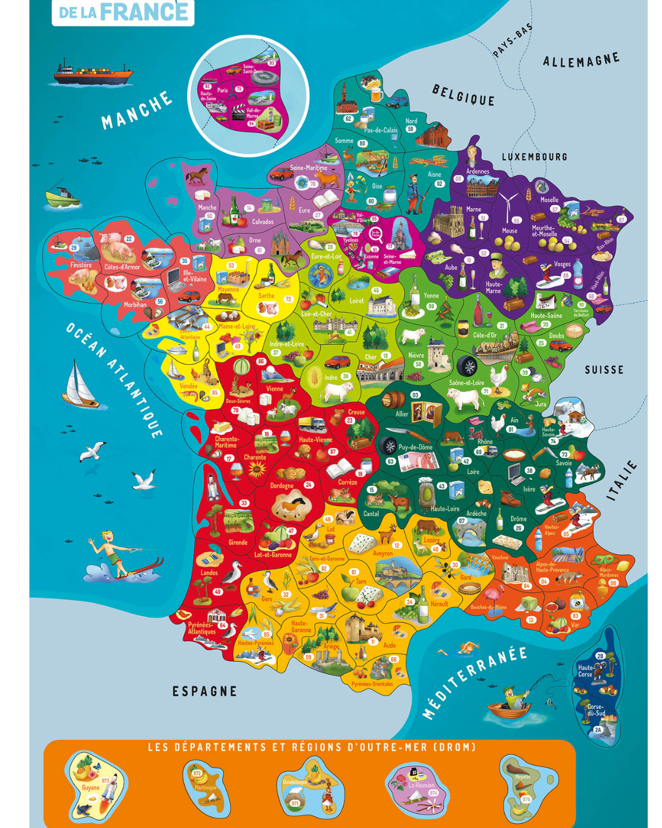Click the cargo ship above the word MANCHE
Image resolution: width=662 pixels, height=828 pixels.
[93, 73]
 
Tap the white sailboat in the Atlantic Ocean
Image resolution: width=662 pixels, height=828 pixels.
[80, 385]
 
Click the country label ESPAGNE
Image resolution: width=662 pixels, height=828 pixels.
[204, 691]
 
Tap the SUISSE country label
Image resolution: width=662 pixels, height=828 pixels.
[604, 370]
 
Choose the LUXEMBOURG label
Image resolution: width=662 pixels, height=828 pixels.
[535, 157]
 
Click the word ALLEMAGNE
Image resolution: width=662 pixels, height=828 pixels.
[580, 61]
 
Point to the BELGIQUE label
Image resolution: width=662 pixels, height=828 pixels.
[463, 96]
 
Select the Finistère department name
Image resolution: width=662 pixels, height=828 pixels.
[81, 265]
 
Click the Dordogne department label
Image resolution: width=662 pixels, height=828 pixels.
[282, 486]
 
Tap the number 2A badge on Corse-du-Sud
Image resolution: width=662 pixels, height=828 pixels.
[598, 730]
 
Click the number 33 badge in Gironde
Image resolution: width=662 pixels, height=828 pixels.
[244, 503]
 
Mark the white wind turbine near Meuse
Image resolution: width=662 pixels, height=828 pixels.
[508, 205]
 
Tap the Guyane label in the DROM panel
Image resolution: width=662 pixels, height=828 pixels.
[90, 788]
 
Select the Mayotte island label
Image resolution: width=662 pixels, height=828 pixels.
[523, 776]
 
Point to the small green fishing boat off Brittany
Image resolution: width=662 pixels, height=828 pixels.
[63, 196]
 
